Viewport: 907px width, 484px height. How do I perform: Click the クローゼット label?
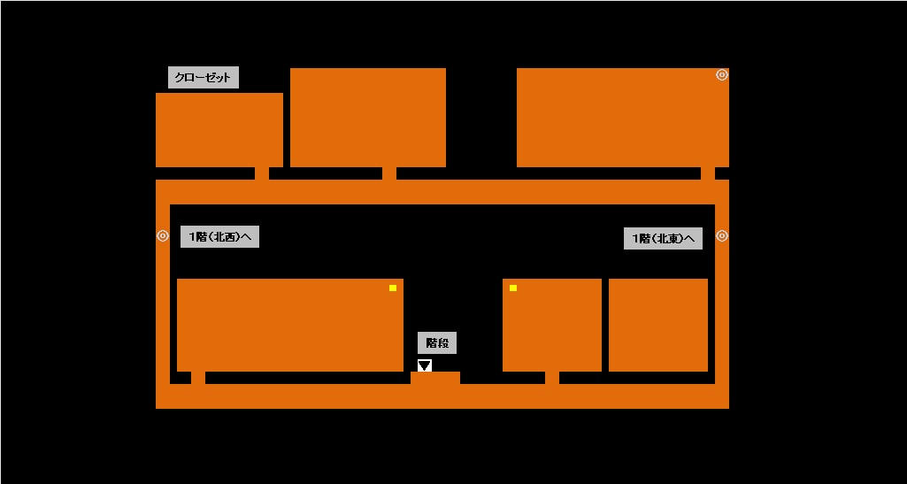(x=203, y=78)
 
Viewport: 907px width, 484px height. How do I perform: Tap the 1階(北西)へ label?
(x=219, y=237)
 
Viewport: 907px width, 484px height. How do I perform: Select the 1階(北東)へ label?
(x=663, y=238)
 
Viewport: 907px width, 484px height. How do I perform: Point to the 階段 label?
(x=437, y=343)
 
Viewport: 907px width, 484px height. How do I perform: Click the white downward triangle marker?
(x=425, y=365)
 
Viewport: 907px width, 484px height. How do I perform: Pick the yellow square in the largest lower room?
(x=393, y=288)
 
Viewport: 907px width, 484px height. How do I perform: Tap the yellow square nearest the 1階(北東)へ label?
(x=512, y=288)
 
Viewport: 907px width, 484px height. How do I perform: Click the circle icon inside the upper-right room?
(x=722, y=75)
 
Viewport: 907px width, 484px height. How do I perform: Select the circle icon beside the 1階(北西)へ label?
(x=163, y=236)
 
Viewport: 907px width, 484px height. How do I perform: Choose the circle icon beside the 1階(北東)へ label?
(x=722, y=236)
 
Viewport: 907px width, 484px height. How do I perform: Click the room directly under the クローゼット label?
(x=219, y=129)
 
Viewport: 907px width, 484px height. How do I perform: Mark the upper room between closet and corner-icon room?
(x=367, y=117)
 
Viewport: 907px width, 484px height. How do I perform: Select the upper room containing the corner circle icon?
(x=622, y=117)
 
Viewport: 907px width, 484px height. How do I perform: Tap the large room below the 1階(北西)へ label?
(x=289, y=325)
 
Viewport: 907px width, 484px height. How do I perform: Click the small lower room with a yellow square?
(x=551, y=325)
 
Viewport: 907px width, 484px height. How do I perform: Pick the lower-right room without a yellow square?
(x=657, y=325)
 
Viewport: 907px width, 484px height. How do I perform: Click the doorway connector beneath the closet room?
(x=262, y=173)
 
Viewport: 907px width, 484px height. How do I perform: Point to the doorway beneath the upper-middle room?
(x=389, y=173)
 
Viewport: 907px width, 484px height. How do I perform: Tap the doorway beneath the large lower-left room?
(x=198, y=378)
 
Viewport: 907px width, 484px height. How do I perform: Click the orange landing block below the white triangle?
(x=434, y=378)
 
